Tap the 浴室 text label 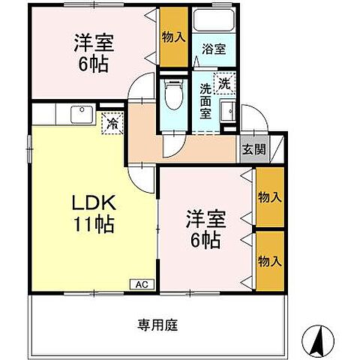212,51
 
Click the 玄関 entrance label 253,148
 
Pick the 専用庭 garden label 157,325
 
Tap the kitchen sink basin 79,114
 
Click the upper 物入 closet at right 269,196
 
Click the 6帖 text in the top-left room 94,63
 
